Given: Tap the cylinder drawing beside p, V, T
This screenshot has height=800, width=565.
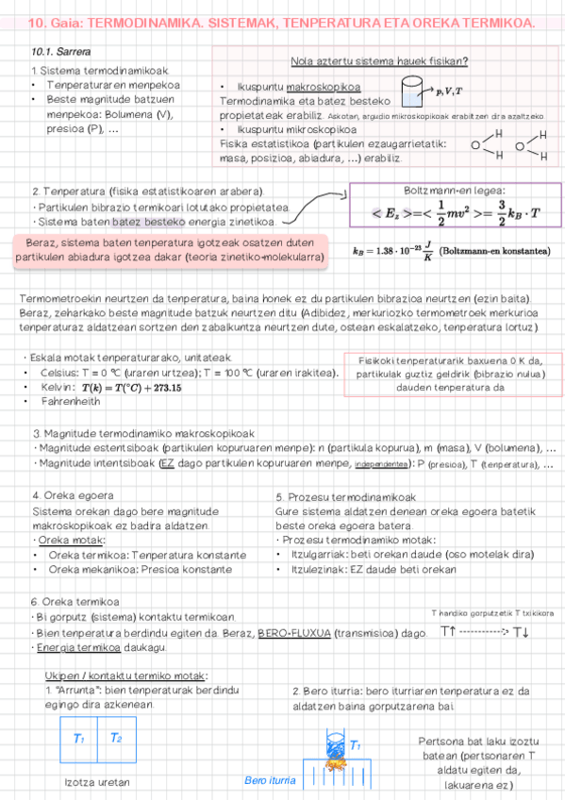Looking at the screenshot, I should tap(410, 92).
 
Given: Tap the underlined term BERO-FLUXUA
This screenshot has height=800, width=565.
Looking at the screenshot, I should tap(293, 634).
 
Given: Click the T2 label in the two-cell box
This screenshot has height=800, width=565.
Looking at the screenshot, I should tap(116, 737).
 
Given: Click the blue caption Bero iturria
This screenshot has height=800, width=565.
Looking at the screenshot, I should tap(269, 780).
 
